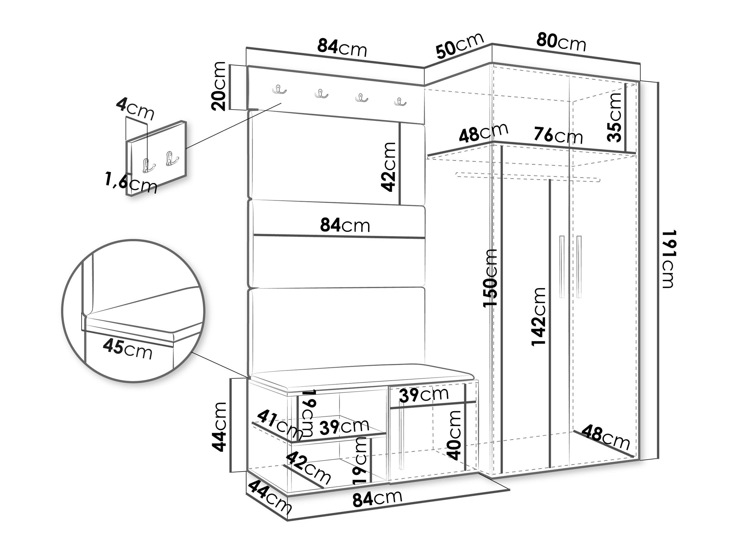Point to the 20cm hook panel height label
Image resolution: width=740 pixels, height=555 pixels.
[219, 86]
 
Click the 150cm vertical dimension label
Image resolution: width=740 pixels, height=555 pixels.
[490, 277]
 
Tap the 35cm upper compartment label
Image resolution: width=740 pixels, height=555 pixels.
[614, 117]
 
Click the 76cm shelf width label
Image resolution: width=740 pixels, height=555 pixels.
[558, 135]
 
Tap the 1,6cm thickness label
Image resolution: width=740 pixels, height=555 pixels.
[131, 183]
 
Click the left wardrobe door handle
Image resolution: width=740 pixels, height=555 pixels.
[562, 267]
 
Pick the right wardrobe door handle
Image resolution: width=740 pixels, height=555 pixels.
[579, 267]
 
